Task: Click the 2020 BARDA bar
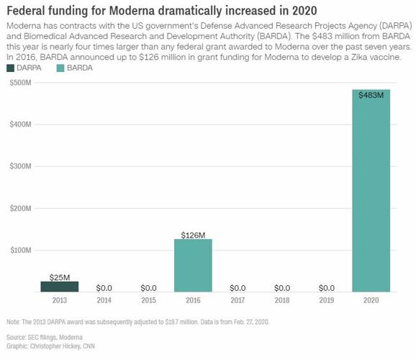(x=371, y=191)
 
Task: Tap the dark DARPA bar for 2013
(x=60, y=286)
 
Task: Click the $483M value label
(x=371, y=95)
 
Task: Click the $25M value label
(x=60, y=276)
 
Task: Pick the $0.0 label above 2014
(x=104, y=287)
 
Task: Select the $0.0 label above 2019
(x=327, y=287)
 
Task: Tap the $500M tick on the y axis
(x=21, y=83)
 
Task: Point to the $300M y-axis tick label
(x=21, y=166)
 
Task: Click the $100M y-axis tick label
(x=21, y=250)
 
